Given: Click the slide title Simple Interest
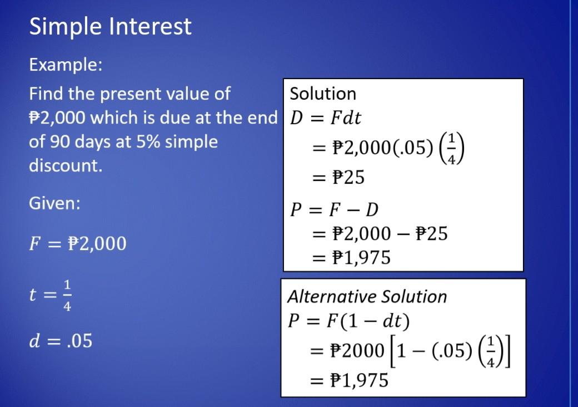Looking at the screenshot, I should [110, 26].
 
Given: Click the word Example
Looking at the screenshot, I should [65, 65].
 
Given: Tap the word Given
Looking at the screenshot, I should [54, 203].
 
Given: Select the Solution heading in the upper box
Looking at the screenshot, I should [323, 94].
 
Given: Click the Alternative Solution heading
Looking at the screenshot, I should [367, 296].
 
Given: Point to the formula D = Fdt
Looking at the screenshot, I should [326, 118].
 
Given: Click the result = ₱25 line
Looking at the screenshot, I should [339, 178].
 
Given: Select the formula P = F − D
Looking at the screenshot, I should [334, 209].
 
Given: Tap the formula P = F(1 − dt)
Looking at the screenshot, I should [349, 321].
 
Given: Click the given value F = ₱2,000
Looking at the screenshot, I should [78, 243].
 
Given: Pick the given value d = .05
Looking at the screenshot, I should [61, 341].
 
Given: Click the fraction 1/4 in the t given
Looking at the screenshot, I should [67, 295].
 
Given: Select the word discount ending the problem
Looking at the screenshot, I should [65, 165].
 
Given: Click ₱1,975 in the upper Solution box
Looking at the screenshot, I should [361, 258].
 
